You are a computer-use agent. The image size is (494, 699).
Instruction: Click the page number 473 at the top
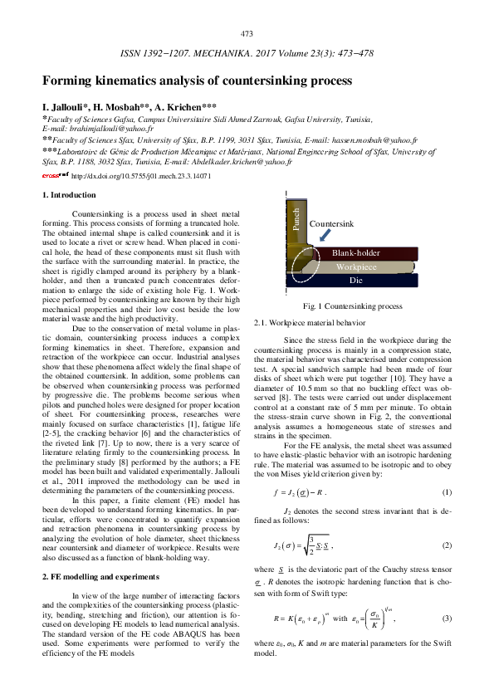point(247,34)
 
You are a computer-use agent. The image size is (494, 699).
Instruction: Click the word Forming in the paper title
point(71,81)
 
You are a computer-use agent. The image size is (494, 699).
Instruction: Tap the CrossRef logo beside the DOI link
point(56,175)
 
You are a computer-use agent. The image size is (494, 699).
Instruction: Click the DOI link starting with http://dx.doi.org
point(141,176)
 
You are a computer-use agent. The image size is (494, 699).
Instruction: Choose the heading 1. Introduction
point(69,195)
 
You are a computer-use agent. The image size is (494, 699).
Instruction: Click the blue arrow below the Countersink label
point(321,237)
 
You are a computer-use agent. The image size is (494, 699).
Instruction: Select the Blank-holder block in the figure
point(355,252)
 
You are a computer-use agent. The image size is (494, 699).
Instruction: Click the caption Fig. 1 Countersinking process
point(353,306)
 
